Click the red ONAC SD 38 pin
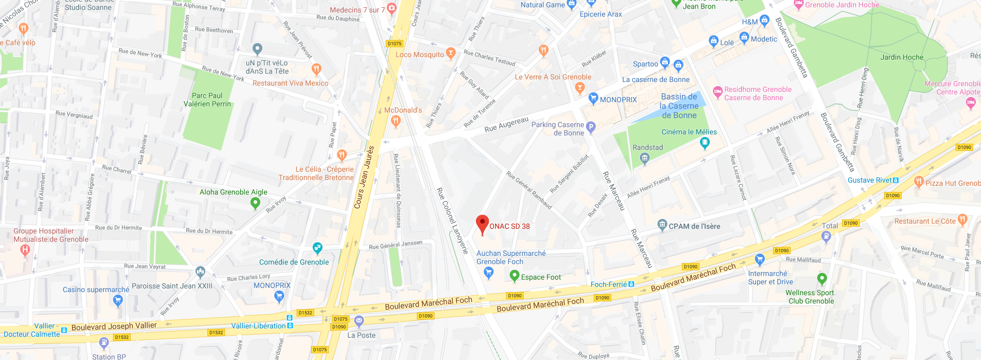click(x=482, y=224)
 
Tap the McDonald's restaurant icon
click(x=396, y=121)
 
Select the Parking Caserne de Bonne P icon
click(x=591, y=127)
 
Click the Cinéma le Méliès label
click(x=689, y=132)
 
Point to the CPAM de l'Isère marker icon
click(x=662, y=225)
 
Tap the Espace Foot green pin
click(x=514, y=275)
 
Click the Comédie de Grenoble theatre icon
click(x=317, y=247)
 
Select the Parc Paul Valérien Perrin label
click(x=207, y=100)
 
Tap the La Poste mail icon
click(x=359, y=322)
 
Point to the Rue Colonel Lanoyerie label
click(x=452, y=220)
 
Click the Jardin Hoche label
click(x=902, y=57)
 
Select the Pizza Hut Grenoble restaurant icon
click(x=919, y=181)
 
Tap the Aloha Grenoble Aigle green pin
click(x=255, y=203)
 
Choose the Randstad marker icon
click(x=644, y=158)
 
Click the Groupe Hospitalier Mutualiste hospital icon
click(x=24, y=251)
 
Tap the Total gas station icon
click(x=826, y=237)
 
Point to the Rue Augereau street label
click(x=506, y=124)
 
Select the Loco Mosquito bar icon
click(x=451, y=53)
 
